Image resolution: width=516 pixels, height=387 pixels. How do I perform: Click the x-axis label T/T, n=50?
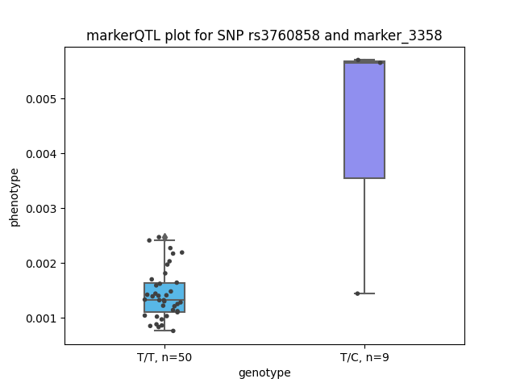[x=164, y=357]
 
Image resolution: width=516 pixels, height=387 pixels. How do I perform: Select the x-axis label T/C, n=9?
[x=364, y=357]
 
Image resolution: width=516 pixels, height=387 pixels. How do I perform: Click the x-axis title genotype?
[x=264, y=373]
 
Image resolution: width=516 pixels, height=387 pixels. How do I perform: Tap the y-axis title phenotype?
[x=15, y=198]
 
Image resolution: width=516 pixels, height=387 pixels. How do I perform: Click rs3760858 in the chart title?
[x=284, y=35]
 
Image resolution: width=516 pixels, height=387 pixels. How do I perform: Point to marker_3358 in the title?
[x=397, y=35]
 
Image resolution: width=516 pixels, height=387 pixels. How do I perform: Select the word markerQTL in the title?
[x=123, y=35]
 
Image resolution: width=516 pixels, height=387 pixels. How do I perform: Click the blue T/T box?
[x=164, y=298]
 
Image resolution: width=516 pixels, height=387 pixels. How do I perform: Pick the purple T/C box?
[x=364, y=119]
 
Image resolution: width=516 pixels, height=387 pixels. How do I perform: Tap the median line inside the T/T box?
[x=164, y=300]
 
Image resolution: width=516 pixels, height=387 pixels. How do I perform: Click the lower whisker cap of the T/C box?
[x=364, y=293]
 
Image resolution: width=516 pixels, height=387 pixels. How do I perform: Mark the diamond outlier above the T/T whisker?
[x=164, y=236]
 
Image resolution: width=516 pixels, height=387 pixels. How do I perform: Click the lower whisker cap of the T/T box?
[x=164, y=330]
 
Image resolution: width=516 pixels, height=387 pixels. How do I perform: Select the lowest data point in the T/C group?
[x=357, y=293]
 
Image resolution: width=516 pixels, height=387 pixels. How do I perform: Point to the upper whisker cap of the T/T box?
[x=164, y=240]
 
